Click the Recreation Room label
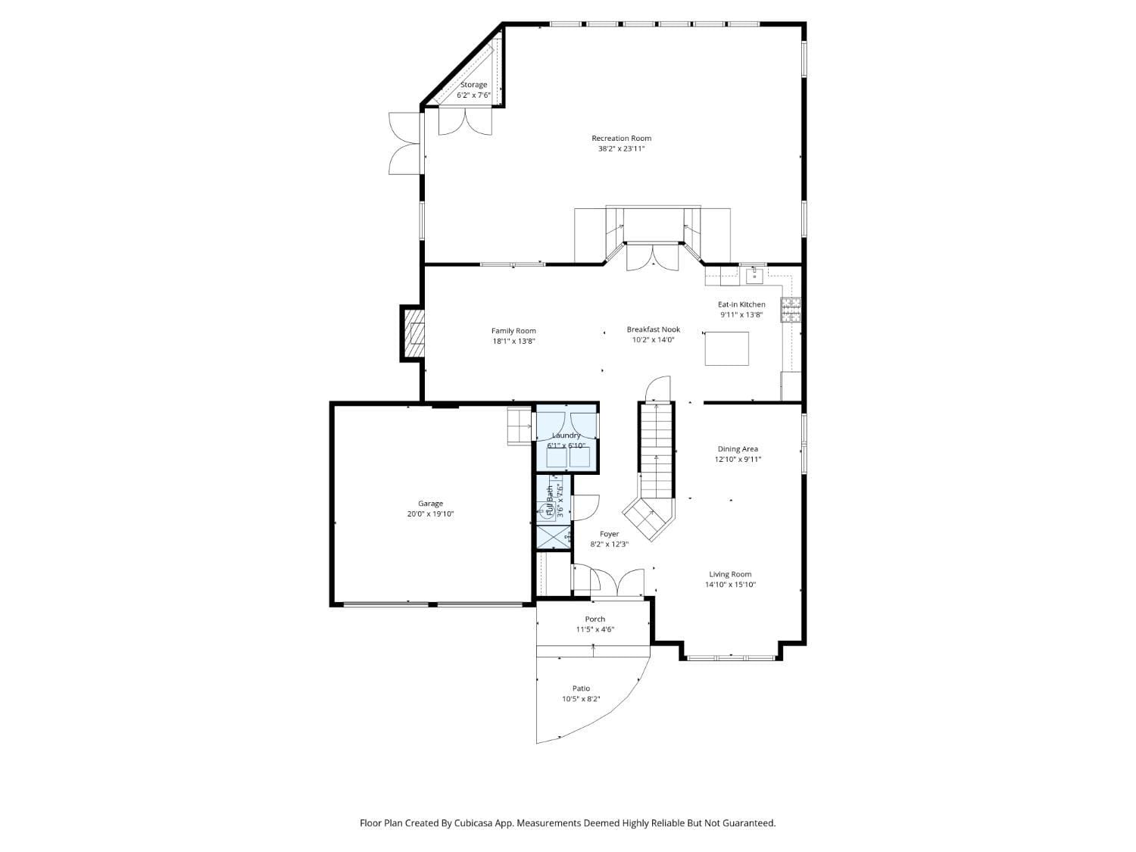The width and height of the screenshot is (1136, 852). [621, 139]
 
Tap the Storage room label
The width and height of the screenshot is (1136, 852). [473, 85]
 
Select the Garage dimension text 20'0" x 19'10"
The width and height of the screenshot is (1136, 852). [430, 514]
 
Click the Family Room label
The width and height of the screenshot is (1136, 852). [513, 331]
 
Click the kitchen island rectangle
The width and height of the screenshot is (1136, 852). [726, 348]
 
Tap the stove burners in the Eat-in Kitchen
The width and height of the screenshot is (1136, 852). [791, 311]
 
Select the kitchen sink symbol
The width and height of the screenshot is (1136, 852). [754, 275]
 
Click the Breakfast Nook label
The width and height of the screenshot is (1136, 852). [653, 329]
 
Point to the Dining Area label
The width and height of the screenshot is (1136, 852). [738, 449]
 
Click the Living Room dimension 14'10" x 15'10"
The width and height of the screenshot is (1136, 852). [730, 585]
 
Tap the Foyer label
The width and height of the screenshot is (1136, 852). [609, 534]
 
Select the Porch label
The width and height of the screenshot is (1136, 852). [595, 619]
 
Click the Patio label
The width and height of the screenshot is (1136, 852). [581, 688]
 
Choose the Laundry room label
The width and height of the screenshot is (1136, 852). [566, 435]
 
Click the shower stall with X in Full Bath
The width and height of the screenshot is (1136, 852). [552, 536]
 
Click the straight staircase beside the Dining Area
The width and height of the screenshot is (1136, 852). [657, 447]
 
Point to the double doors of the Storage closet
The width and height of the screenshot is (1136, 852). [466, 121]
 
